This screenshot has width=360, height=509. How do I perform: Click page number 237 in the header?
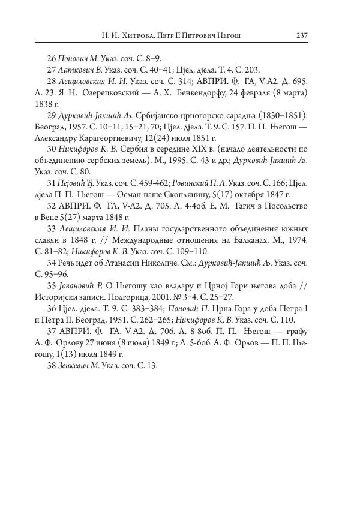(301, 36)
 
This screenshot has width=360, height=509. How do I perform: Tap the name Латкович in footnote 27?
(75, 70)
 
